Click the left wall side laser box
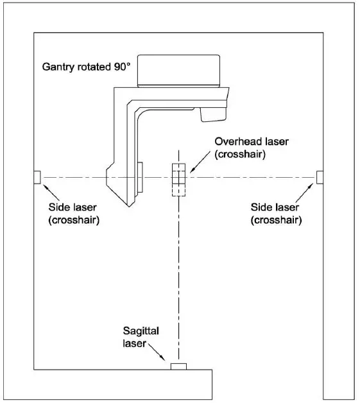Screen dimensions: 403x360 (x=37, y=176)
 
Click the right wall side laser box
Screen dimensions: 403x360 (x=320, y=176)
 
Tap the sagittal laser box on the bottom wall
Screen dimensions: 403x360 (x=178, y=366)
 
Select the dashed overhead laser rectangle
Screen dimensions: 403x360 (x=178, y=180)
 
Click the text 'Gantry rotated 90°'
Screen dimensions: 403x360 (x=84, y=66)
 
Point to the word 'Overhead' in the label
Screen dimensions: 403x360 (x=236, y=142)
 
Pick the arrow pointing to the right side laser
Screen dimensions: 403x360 (x=304, y=191)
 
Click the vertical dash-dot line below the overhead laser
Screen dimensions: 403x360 (x=178, y=276)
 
